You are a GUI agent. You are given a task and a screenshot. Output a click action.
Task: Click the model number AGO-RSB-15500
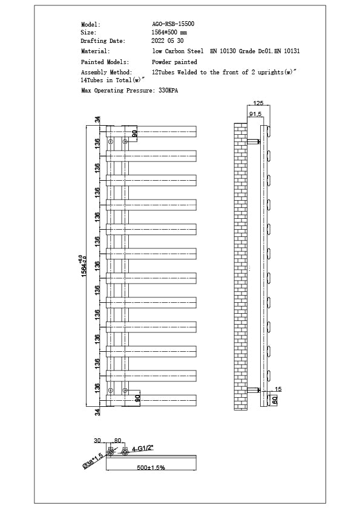click(173, 24)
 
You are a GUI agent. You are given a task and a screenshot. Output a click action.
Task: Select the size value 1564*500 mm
click(169, 32)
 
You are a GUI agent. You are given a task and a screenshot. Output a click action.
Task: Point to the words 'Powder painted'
click(174, 62)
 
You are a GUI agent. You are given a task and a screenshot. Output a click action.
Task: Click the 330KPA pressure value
click(168, 90)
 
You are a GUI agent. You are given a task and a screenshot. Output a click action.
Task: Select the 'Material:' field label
click(96, 51)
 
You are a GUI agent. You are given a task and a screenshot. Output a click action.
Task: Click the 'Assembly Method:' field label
click(106, 72)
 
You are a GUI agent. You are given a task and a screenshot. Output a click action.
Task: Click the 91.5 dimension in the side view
click(255, 114)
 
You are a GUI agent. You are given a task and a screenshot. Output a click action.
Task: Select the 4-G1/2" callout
click(143, 448)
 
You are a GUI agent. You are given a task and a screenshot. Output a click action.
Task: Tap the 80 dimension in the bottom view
click(117, 441)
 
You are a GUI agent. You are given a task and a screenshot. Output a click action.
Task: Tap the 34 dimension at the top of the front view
click(97, 119)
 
